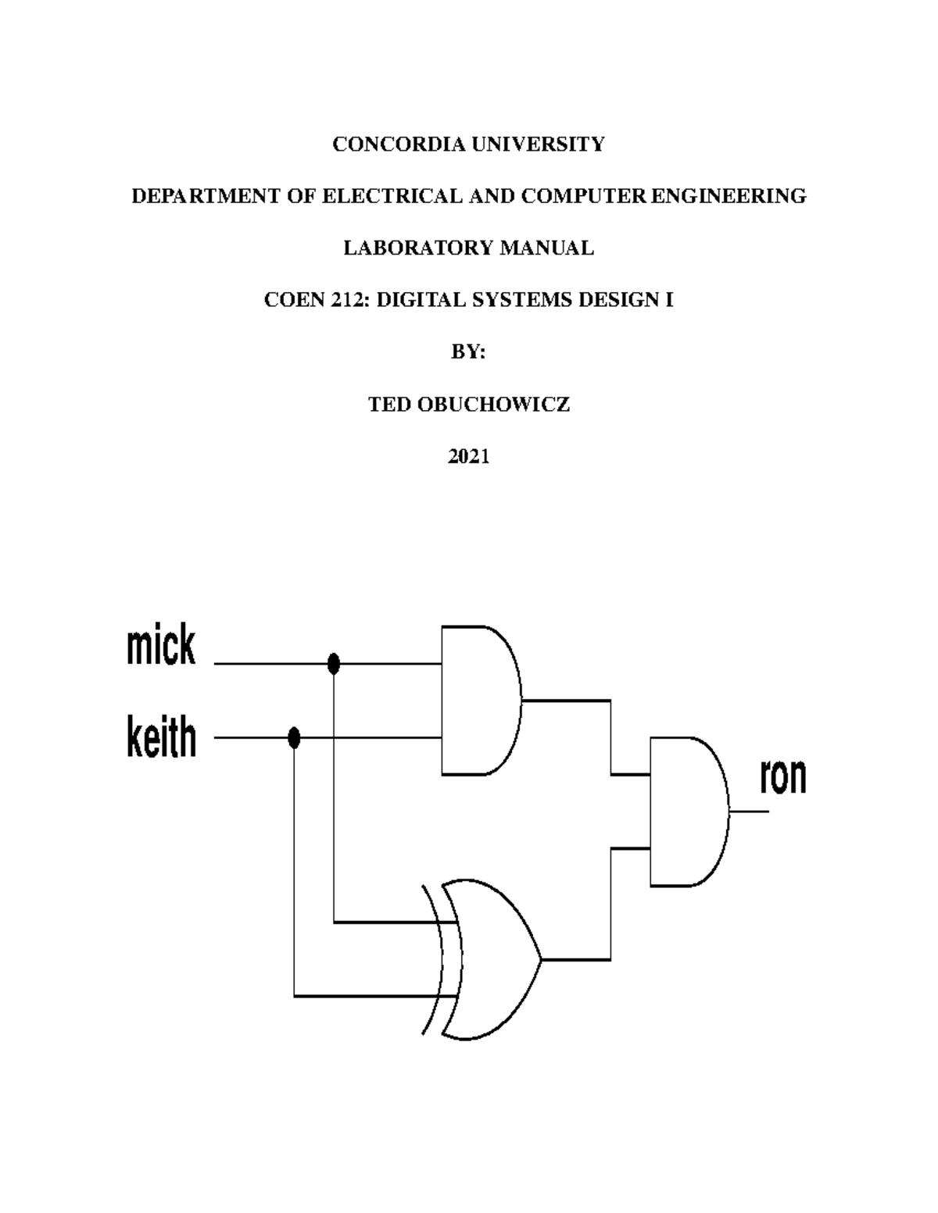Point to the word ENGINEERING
[x=729, y=196]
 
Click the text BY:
[x=468, y=352]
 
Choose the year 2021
[x=468, y=457]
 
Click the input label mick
[x=161, y=647]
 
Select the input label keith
[x=161, y=738]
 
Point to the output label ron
[x=782, y=776]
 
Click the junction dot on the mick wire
[x=334, y=664]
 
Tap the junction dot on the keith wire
[x=294, y=737]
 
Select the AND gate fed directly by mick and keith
[x=479, y=700]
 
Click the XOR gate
[x=489, y=959]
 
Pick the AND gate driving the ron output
[x=687, y=812]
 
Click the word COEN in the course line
[x=292, y=300]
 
